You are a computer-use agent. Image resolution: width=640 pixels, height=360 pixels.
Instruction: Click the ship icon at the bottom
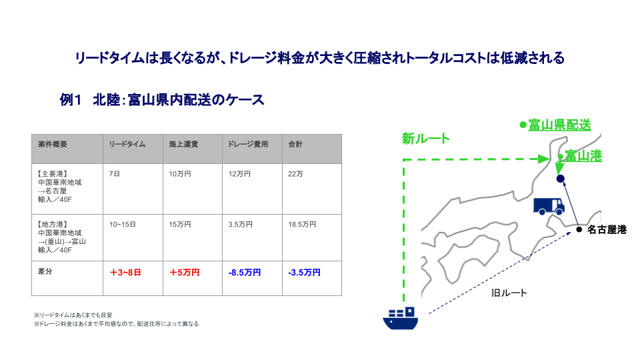tap(401, 319)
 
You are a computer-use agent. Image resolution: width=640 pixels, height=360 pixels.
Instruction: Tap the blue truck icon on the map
tap(549, 207)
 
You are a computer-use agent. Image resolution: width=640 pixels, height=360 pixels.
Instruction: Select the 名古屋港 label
tap(607, 230)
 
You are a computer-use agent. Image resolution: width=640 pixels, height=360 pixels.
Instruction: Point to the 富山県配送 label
tap(559, 125)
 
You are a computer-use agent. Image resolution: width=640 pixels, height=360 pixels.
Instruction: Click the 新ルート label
tap(426, 139)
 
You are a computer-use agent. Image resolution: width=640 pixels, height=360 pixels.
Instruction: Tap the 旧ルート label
tap(509, 293)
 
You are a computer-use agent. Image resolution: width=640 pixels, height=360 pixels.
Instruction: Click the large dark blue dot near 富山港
tap(561, 179)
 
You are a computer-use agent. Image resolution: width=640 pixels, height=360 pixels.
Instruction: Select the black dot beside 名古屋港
tap(579, 229)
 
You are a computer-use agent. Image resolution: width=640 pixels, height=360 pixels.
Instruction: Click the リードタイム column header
tap(127, 144)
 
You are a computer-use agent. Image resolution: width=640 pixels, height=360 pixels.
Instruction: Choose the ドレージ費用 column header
tap(248, 144)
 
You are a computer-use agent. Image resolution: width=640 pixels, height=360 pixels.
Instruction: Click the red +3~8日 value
tap(125, 272)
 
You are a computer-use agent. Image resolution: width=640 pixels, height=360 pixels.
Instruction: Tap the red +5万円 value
tap(185, 272)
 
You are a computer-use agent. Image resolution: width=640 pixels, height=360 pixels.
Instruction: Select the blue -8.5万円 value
tap(245, 272)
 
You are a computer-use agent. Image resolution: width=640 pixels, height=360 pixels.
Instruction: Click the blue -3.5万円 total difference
tap(304, 272)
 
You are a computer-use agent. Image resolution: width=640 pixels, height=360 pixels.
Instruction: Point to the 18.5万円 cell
tap(302, 225)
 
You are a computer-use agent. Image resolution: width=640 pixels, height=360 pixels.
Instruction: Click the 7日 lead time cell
tap(114, 174)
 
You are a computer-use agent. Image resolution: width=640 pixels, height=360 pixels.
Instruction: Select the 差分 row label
tap(45, 271)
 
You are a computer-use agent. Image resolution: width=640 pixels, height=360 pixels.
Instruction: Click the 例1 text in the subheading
tap(71, 99)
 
